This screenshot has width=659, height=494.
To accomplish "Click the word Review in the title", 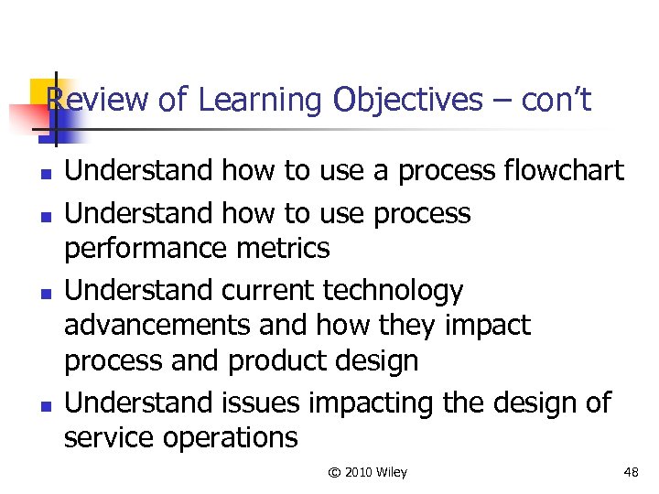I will [x=97, y=100].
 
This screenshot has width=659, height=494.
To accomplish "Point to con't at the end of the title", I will [x=556, y=100].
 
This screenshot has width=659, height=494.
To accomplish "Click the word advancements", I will [x=157, y=326].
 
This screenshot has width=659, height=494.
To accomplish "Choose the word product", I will [x=275, y=360].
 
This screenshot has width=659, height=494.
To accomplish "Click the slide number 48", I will [x=631, y=472].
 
